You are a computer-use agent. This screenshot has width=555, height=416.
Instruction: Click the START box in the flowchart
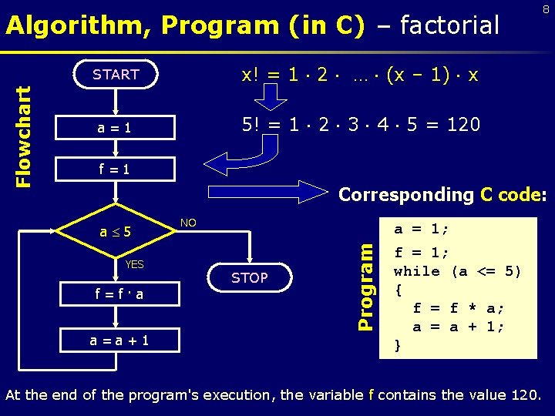click(x=116, y=75)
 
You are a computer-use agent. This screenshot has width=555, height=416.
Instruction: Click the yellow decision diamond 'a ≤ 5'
click(x=116, y=231)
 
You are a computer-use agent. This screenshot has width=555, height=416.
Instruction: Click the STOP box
click(x=250, y=277)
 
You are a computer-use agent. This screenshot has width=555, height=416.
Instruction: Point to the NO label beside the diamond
click(x=188, y=223)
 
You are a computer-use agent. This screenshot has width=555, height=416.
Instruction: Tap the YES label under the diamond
click(x=134, y=264)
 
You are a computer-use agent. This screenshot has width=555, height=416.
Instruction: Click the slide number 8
click(x=545, y=9)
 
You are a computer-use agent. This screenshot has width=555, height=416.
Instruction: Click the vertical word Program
click(x=368, y=285)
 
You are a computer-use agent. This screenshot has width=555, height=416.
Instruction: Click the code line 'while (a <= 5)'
click(x=457, y=271)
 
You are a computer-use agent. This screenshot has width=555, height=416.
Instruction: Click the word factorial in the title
click(x=439, y=25)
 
